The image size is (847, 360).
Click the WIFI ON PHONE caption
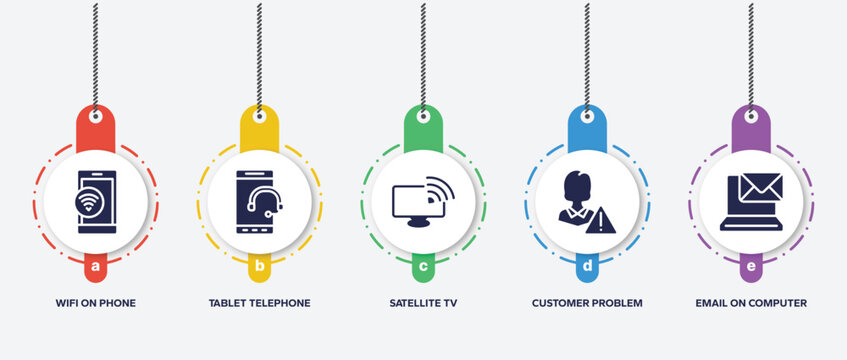tap(95, 302)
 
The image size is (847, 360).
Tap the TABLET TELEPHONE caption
tap(259, 302)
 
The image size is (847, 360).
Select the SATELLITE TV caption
tap(423, 302)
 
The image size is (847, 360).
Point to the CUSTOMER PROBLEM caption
tap(587, 302)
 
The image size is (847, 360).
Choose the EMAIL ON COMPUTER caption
tap(751, 302)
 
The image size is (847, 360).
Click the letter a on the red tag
tap(95, 267)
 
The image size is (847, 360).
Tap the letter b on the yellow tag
tap(259, 267)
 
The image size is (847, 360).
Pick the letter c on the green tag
tap(423, 267)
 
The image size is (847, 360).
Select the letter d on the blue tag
tap(587, 267)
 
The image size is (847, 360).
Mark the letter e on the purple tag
tap(751, 267)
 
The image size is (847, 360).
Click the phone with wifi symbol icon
tap(96, 201)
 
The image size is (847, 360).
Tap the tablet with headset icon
tap(258, 201)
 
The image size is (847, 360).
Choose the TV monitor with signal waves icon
tap(422, 201)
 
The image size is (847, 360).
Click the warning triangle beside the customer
tap(603, 219)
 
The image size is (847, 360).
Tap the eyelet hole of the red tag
tap(95, 116)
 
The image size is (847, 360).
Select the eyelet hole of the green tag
tap(423, 116)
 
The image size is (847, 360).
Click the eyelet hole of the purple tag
tap(751, 116)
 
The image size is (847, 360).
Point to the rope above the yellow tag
tap(259, 50)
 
